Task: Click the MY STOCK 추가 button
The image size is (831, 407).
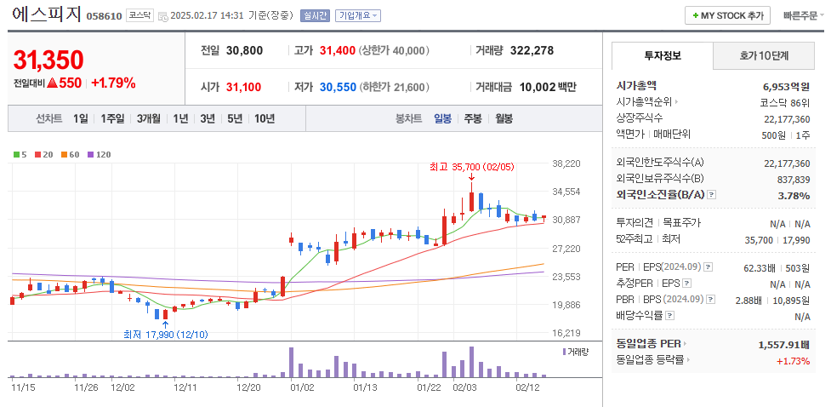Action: (727, 15)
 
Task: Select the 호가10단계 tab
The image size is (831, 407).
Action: (763, 56)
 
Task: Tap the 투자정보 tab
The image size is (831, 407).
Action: (663, 56)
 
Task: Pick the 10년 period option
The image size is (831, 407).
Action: (264, 119)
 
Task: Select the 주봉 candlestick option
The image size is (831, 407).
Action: (472, 119)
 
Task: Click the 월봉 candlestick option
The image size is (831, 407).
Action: (504, 119)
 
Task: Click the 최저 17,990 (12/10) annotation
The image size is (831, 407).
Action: (165, 334)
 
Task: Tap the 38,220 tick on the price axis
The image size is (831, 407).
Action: (566, 163)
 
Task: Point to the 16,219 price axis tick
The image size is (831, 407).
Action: (566, 334)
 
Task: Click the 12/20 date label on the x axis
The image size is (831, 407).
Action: (248, 387)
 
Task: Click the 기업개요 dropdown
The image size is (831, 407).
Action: (358, 15)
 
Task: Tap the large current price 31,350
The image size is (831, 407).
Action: (48, 60)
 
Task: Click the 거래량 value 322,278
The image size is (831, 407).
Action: (532, 50)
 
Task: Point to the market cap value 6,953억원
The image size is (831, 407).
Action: (786, 86)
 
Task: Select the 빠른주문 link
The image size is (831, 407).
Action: (802, 15)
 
